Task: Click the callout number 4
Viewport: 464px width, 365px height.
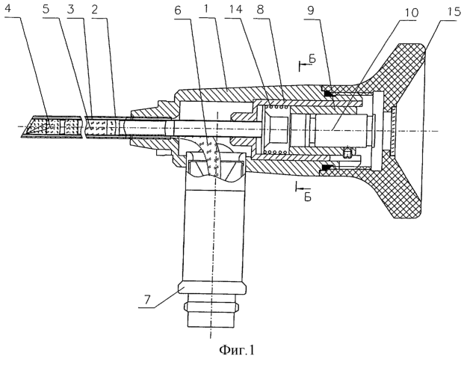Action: [x=8, y=9]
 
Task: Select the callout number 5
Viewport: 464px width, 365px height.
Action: [x=46, y=9]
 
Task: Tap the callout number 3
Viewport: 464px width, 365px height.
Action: [x=70, y=9]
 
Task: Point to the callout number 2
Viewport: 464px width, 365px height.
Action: [x=95, y=9]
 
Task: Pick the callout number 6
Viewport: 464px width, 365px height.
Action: [x=178, y=10]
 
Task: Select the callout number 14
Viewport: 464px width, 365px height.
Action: [x=235, y=10]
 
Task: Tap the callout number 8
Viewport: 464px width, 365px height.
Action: [x=260, y=10]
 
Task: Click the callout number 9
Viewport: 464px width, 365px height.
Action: [x=310, y=10]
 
